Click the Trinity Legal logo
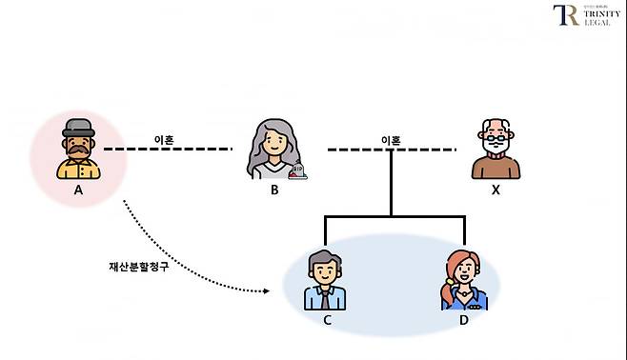[585, 16]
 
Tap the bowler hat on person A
[77, 128]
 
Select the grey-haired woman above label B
[273, 150]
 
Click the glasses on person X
[496, 139]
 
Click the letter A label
[78, 190]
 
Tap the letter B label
[273, 190]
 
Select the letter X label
[496, 190]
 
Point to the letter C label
[327, 320]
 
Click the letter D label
[464, 320]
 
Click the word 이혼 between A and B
[164, 139]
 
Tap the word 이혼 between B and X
[391, 140]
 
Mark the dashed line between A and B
[167, 150]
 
